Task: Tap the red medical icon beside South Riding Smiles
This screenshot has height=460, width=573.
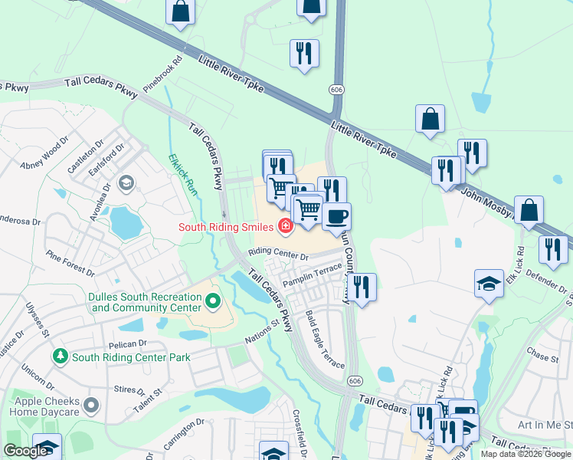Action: pyautogui.click(x=286, y=225)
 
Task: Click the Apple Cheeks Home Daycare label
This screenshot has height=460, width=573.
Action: pyautogui.click(x=39, y=406)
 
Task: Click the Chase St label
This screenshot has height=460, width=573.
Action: pyautogui.click(x=542, y=356)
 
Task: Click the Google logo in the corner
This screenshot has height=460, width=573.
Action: pyautogui.click(x=25, y=451)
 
